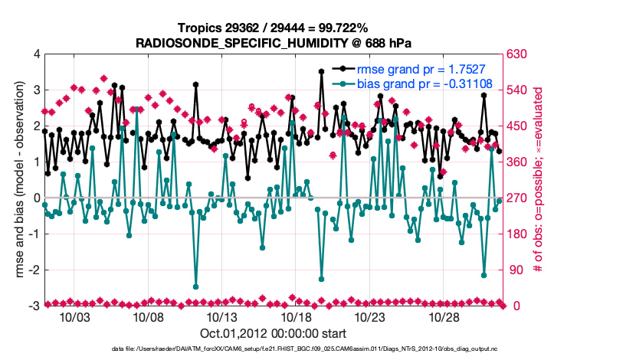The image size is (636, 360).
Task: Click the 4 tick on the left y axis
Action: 36,54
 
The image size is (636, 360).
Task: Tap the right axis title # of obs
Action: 539,180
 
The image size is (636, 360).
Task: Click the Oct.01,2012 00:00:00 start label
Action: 273,333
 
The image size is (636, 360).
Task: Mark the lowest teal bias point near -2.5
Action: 196,286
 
